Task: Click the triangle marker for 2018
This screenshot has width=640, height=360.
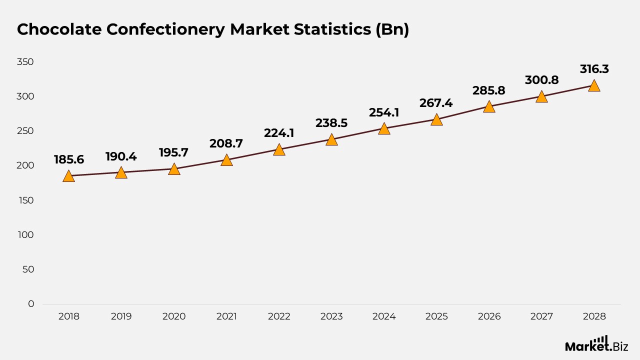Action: [68, 176]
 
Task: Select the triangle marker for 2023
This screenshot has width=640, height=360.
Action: [331, 140]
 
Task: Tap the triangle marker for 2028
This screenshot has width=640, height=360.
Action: [594, 86]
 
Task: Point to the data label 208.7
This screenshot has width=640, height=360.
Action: [226, 143]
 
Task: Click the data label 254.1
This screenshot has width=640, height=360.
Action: [384, 112]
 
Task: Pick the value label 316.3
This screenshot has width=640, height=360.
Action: [594, 69]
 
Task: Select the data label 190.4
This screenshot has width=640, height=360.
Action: [121, 156]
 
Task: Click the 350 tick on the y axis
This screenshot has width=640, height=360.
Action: [24, 62]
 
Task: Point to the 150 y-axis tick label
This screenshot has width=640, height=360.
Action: [24, 200]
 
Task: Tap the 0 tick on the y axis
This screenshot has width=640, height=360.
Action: [31, 304]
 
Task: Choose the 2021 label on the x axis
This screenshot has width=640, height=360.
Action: [226, 316]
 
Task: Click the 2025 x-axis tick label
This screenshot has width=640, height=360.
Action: [436, 316]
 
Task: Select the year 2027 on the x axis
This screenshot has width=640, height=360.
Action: [541, 316]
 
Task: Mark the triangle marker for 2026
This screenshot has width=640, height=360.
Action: [489, 107]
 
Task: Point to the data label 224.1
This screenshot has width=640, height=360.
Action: [279, 133]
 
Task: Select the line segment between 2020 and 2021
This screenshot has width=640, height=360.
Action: [200, 164]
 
